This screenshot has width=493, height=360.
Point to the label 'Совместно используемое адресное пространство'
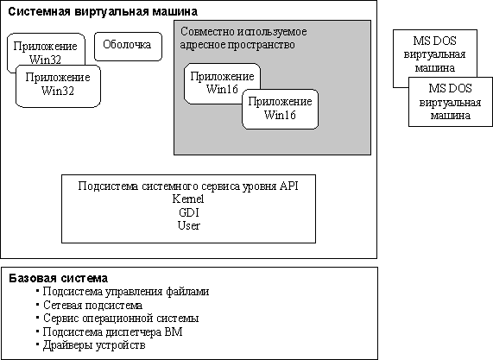(x=242, y=38)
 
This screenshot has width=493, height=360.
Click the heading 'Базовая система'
(x=58, y=279)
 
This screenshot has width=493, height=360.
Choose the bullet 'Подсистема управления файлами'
(x=126, y=292)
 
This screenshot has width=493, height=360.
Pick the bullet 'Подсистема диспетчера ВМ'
(x=112, y=332)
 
